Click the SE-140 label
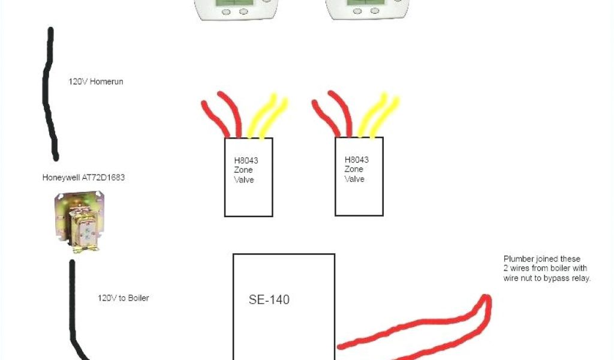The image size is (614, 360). [x=269, y=299]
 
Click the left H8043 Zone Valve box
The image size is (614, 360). [x=248, y=177]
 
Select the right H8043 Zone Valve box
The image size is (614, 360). [x=359, y=176]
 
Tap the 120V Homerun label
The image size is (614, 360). [x=95, y=81]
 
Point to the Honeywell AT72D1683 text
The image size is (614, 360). [x=83, y=178]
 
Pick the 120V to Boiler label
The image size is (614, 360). [x=123, y=298]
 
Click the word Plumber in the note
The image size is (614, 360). [x=518, y=259]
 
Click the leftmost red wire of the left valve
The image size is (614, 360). [x=215, y=117]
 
